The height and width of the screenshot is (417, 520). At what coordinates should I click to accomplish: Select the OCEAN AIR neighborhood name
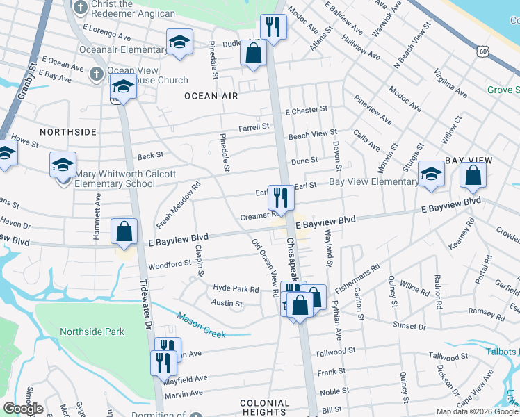pos(211,96)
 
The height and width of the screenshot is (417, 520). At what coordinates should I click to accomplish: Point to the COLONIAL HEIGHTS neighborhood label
pos(264,408)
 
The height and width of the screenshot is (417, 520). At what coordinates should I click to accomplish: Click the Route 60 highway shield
pos(483,51)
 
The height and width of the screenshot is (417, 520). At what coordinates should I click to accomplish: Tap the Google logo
pos(23,409)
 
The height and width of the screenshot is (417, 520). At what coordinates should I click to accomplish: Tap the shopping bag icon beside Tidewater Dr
pos(124,232)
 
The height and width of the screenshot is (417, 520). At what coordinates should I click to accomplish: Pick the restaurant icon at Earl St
pos(281,197)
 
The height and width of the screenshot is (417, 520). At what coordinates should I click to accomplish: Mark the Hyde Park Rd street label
pos(236,288)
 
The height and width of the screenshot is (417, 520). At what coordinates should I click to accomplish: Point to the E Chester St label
pos(307,111)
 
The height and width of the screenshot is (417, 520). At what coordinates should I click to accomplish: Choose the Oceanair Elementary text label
pos(114,49)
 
